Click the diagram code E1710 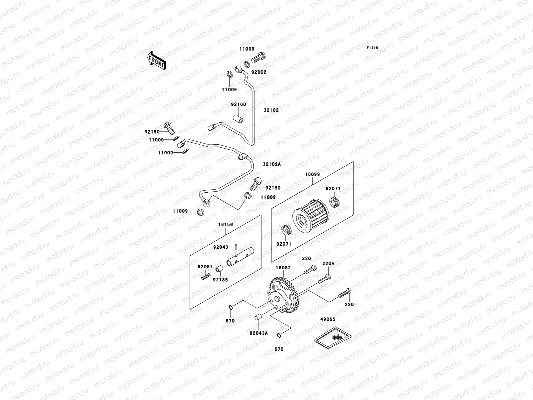[372, 48]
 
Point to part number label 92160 [239, 104]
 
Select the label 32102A [272, 164]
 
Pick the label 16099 [312, 174]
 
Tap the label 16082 [283, 268]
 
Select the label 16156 [226, 225]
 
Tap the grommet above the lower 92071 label [286, 230]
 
